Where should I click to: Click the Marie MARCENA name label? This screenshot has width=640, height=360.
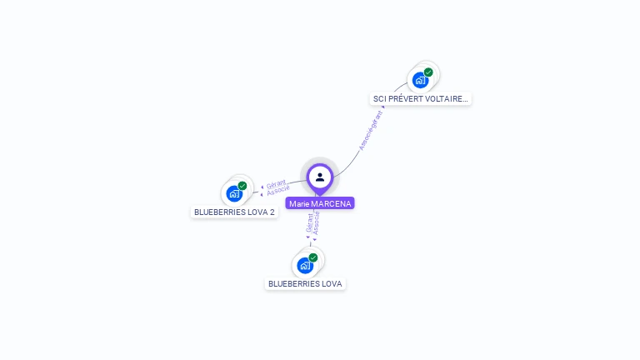pyautogui.click(x=320, y=203)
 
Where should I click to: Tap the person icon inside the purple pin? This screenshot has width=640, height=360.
pyautogui.click(x=320, y=177)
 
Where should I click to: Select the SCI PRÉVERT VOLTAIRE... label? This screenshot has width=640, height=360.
pyautogui.click(x=421, y=98)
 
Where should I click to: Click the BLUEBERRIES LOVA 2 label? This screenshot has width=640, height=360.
pyautogui.click(x=234, y=212)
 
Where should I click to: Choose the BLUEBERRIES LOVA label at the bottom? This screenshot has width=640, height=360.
pyautogui.click(x=305, y=283)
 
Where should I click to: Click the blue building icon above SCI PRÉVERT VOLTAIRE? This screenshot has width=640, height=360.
pyautogui.click(x=420, y=81)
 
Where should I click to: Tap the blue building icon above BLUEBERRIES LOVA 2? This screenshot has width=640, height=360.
pyautogui.click(x=234, y=194)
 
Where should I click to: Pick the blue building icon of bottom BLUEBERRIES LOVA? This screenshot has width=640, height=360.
pyautogui.click(x=305, y=266)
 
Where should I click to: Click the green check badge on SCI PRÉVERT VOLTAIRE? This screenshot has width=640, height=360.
pyautogui.click(x=428, y=72)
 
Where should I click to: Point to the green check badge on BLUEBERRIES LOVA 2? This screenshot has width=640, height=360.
pyautogui.click(x=242, y=186)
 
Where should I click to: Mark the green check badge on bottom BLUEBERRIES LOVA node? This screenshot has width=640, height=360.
pyautogui.click(x=313, y=257)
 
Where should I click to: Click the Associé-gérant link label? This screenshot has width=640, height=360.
pyautogui.click(x=371, y=129)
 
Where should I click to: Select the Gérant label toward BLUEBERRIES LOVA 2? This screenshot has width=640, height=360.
pyautogui.click(x=276, y=184)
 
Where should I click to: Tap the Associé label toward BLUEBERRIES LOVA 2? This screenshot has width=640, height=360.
pyautogui.click(x=278, y=191)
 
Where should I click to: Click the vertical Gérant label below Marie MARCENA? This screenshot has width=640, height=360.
pyautogui.click(x=310, y=222)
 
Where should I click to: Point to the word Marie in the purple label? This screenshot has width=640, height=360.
pyautogui.click(x=298, y=203)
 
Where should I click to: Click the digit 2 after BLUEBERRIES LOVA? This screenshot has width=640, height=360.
pyautogui.click(x=272, y=212)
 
